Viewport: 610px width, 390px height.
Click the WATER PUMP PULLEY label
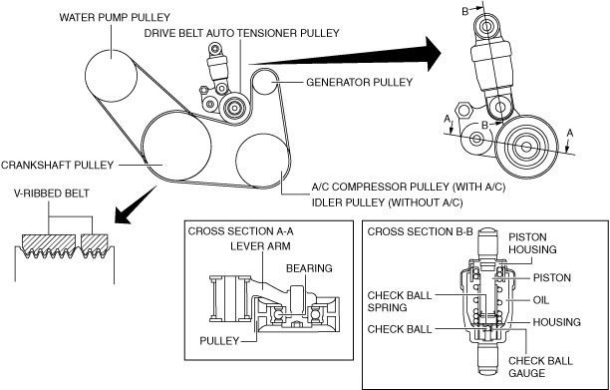(115, 18)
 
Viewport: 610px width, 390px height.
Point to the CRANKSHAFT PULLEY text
(57, 165)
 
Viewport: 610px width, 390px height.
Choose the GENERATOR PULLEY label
(359, 83)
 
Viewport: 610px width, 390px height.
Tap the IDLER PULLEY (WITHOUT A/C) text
(387, 202)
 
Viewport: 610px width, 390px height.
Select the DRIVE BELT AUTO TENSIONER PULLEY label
(242, 33)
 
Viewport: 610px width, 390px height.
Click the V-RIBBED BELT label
(52, 194)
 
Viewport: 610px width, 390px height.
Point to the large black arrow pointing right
(345, 56)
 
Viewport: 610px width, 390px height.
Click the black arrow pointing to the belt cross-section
(136, 205)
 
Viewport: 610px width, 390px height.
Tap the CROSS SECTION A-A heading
(241, 231)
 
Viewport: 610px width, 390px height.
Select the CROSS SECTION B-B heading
(421, 232)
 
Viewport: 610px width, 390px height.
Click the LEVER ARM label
(260, 246)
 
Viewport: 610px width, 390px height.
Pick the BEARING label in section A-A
(309, 268)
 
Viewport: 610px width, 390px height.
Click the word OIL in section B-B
(541, 300)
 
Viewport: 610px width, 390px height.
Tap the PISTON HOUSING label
(532, 243)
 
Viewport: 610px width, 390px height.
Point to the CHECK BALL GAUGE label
(540, 367)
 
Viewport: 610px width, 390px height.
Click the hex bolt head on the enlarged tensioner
(463, 110)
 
